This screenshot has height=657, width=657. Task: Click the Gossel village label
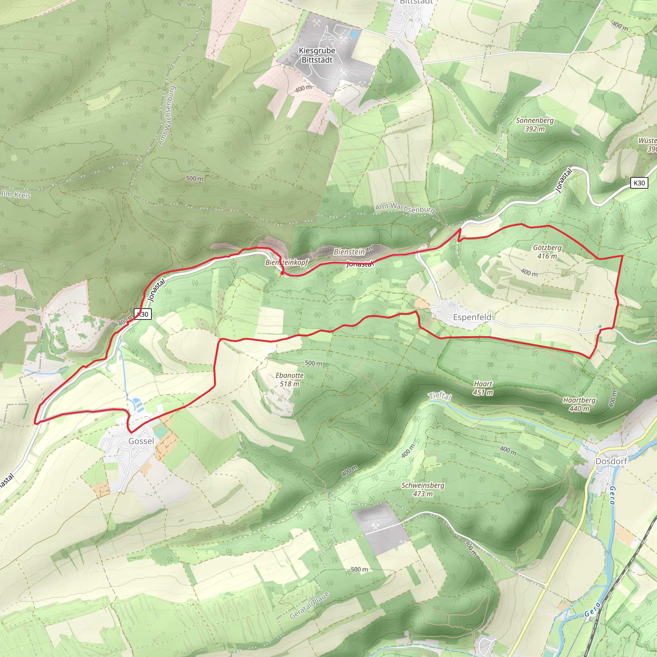coord(141,441)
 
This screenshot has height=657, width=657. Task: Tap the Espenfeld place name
coord(472,317)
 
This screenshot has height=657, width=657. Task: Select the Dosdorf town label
coord(611,461)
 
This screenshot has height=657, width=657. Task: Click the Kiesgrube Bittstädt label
coord(317,55)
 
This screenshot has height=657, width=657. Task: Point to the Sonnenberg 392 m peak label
coord(534,124)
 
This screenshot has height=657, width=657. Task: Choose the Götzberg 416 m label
coord(547,252)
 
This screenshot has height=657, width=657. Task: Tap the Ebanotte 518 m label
coord(289,380)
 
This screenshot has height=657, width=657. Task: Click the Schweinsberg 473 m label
coord(423,489)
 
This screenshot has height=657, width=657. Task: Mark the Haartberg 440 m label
coord(579,404)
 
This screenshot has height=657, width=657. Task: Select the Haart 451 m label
coord(483,388)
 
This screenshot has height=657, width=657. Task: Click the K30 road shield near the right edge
coord(639,183)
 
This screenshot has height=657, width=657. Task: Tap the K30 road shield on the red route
coord(143,314)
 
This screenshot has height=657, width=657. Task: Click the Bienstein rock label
coord(349,252)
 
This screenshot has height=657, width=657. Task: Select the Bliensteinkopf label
coord(286,262)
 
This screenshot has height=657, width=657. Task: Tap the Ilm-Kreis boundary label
coord(16,195)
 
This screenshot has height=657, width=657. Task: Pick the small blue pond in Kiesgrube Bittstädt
coord(354,34)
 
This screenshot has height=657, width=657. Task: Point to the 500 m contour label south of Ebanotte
coord(359,569)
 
